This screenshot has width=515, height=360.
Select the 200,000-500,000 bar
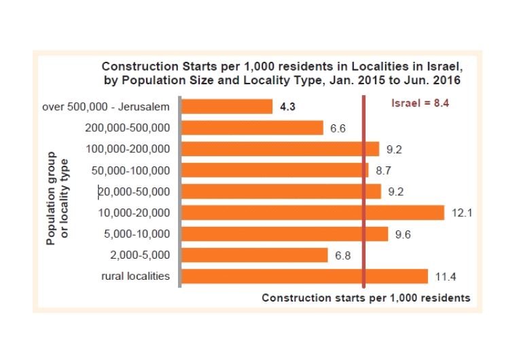click(252, 128)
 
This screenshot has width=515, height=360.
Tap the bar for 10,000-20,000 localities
click(313, 213)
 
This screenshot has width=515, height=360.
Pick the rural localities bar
click(304, 276)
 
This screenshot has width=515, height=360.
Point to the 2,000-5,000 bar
click(255, 255)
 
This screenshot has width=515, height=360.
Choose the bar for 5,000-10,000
click(285, 234)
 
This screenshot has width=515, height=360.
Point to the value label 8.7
click(384, 170)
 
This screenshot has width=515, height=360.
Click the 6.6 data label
click(338, 128)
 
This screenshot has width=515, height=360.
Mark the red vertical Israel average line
click(364, 204)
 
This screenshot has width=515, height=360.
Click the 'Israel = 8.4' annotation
click(421, 104)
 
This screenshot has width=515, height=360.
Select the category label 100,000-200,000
click(130, 149)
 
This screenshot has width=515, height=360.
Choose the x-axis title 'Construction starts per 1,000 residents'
click(366, 298)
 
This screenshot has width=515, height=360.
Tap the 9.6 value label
click(404, 234)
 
